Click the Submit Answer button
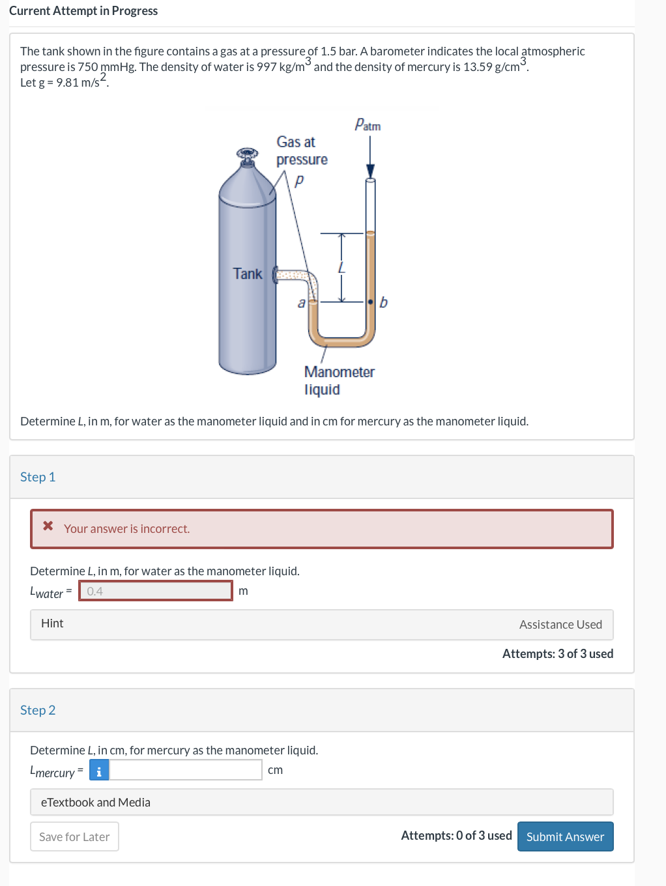pos(565,836)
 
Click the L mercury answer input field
pos(186,770)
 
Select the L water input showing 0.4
pos(156,591)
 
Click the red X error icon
pos(48,526)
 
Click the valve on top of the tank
pos(247,154)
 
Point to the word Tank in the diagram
pos(248,274)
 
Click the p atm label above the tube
pos(368,124)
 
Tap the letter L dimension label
pos(341,268)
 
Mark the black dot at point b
pos(370,302)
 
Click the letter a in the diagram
pos(301,303)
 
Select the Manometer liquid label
pos(339,380)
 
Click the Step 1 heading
pos(38,477)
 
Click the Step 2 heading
pos(38,710)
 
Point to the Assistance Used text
pos(560,624)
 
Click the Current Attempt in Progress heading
pos(83,11)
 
